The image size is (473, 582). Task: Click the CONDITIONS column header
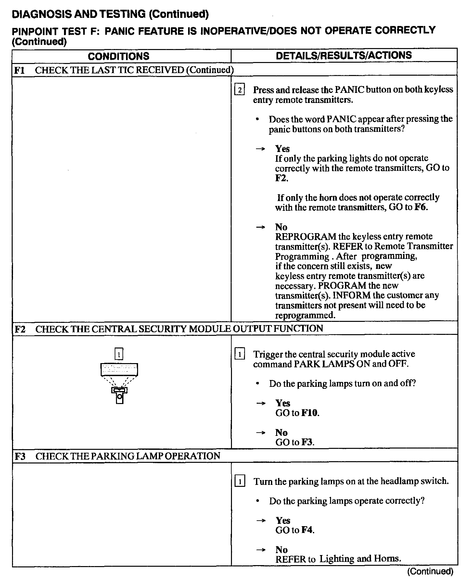coord(119,56)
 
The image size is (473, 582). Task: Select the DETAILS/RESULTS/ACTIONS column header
coord(344,56)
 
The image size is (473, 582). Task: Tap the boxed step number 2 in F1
coord(239,90)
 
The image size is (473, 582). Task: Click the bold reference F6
coord(421,207)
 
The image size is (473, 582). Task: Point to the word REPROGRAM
coord(305,236)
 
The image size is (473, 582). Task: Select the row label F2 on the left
coord(20,329)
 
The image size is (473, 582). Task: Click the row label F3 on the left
coord(20,456)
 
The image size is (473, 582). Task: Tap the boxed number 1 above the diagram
coord(119,354)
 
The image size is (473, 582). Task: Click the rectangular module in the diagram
coord(119,369)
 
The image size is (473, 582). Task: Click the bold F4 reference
coord(307,530)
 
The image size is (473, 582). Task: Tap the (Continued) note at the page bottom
coord(430,571)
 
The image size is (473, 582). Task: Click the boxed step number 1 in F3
coord(239,481)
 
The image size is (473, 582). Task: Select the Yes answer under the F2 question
coord(283,403)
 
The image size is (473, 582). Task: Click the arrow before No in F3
coord(261,550)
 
